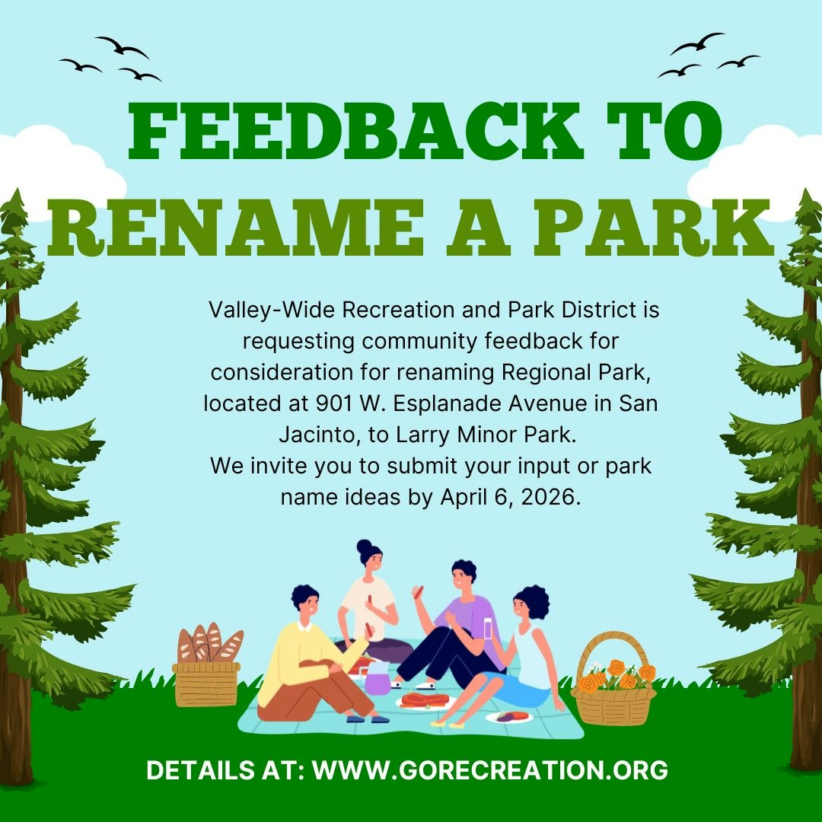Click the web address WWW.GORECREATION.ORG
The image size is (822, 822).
point(490,769)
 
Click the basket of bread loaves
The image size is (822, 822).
point(207,666)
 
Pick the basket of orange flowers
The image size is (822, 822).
point(614,681)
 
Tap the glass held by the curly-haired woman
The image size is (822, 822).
point(487,629)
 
